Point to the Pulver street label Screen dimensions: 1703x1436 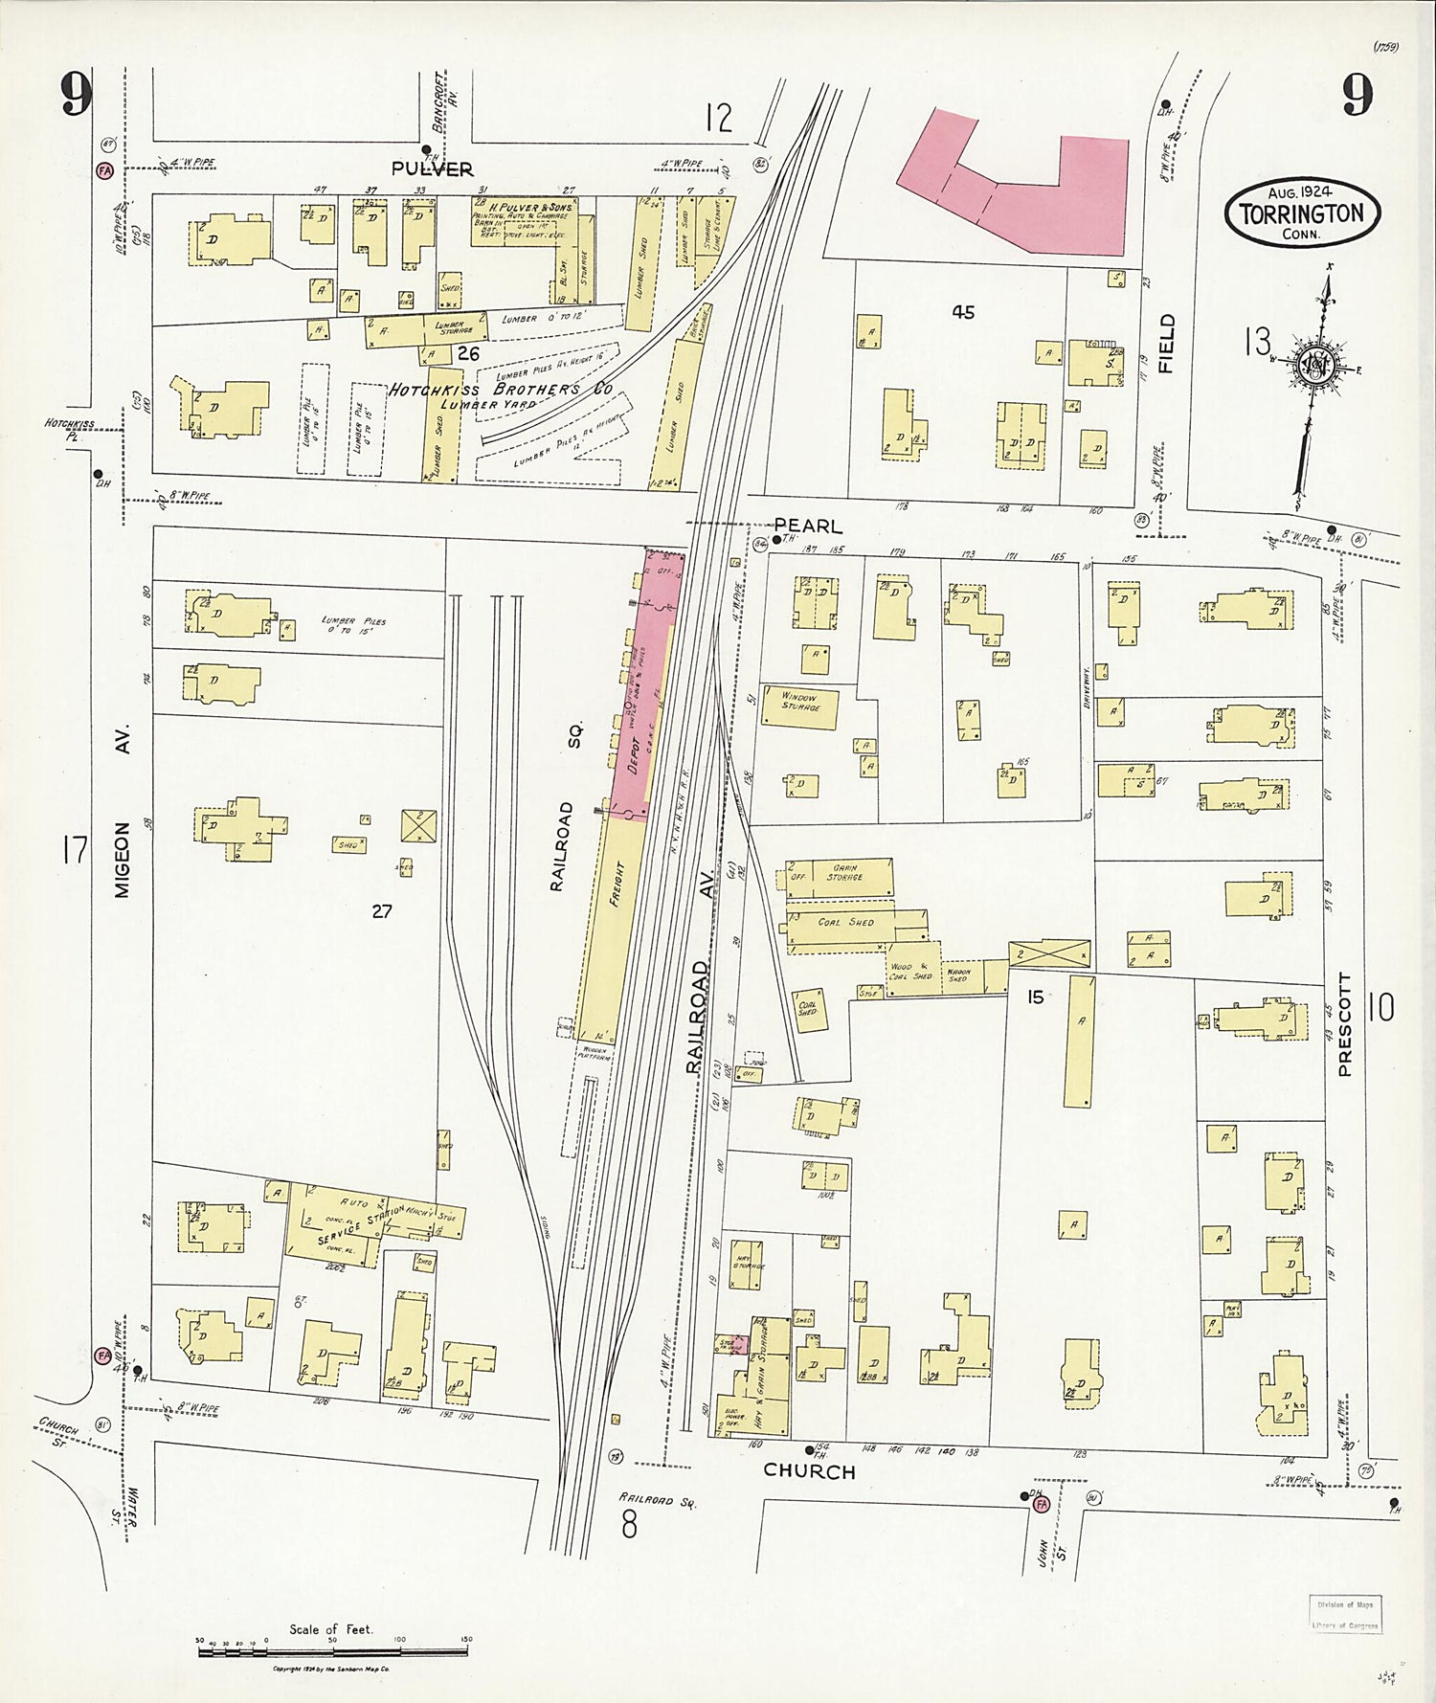pyautogui.click(x=432, y=169)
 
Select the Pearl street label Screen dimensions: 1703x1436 pyautogui.click(x=808, y=526)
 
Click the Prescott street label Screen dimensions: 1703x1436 pyautogui.click(x=1345, y=1025)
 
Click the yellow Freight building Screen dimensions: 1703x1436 pyautogui.click(x=613, y=929)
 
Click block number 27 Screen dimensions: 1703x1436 pyautogui.click(x=382, y=911)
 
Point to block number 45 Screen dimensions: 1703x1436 pyautogui.click(x=963, y=312)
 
